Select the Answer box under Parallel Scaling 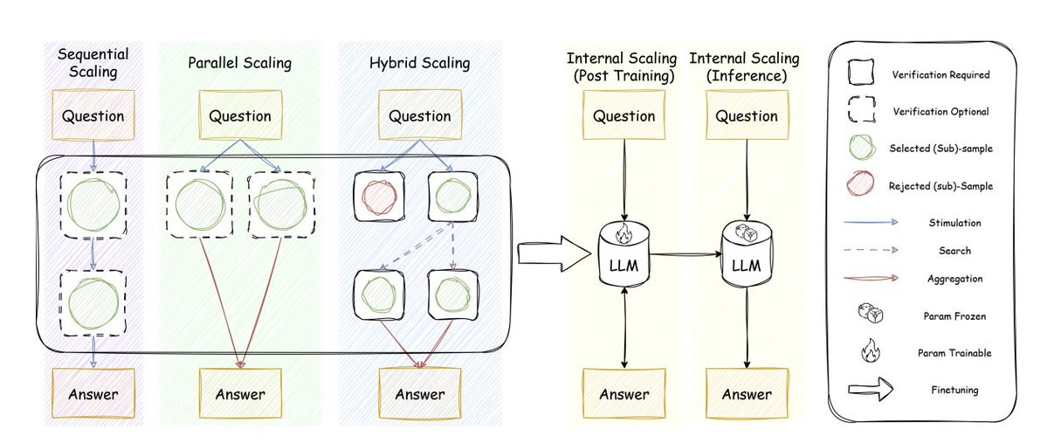239,394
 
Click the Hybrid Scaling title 418,63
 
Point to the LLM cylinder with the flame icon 623,253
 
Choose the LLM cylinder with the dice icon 745,253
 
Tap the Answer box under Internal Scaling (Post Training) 623,394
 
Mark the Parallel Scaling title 239,63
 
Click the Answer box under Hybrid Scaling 418,394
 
